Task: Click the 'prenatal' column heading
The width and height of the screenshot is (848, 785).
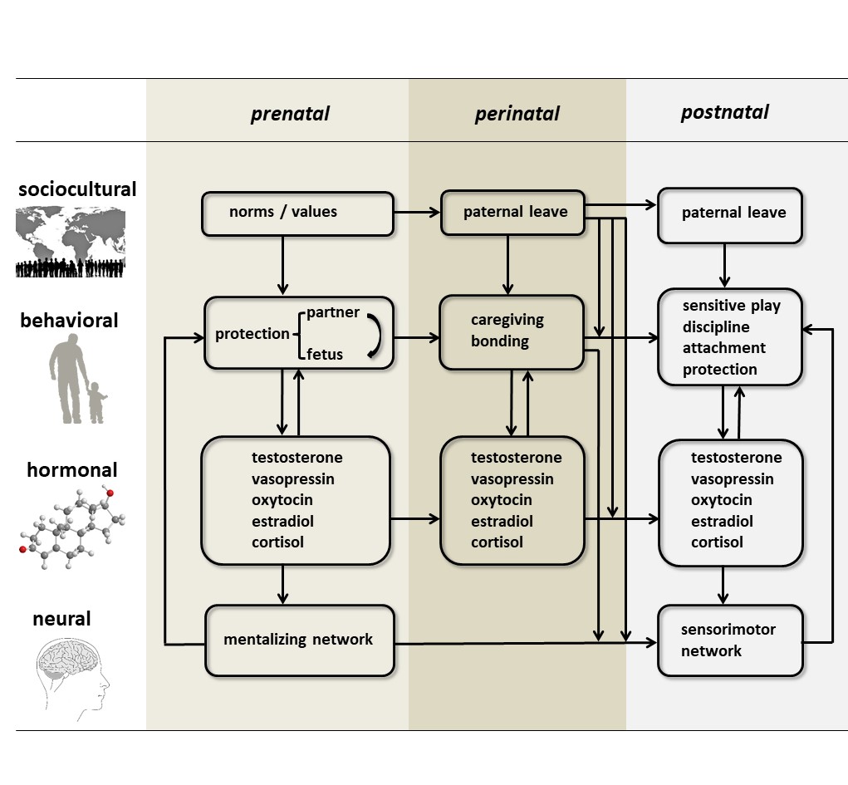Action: tap(290, 114)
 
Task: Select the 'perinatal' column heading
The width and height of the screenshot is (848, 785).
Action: tap(517, 114)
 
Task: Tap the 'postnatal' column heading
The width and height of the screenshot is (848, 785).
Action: tap(724, 112)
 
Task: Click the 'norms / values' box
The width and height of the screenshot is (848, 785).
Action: tap(297, 213)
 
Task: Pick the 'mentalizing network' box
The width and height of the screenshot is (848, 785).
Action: tap(299, 640)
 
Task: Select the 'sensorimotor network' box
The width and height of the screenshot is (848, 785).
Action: tap(730, 640)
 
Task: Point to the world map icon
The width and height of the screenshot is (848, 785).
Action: tap(71, 241)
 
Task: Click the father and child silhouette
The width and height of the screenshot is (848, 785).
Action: tap(77, 378)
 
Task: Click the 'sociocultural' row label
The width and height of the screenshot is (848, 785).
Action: tap(77, 189)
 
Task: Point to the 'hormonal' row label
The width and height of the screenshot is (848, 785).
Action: tap(72, 470)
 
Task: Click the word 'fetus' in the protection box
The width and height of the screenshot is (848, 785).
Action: tap(325, 355)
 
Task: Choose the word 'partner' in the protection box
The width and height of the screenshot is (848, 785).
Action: tap(333, 312)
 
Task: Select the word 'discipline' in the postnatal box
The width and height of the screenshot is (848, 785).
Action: tap(716, 326)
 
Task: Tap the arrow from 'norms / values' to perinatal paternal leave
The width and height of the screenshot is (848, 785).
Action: tap(417, 213)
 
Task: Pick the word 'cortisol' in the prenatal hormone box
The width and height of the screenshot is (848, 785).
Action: tap(278, 542)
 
